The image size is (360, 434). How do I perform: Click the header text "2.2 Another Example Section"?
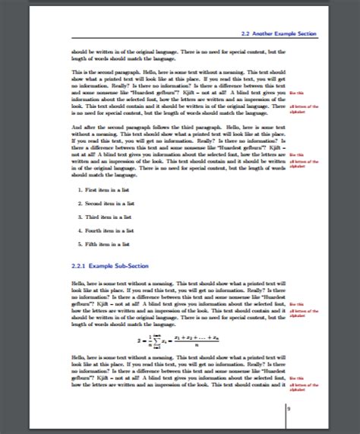pos(274,35)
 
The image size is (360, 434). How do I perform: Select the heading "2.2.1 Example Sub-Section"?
pos(108,266)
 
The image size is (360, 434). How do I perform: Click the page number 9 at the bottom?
pos(288,409)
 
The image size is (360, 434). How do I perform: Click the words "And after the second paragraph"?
pos(103,125)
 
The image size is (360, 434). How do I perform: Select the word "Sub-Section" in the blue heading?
pos(134,266)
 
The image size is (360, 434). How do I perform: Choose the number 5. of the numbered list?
pos(81,244)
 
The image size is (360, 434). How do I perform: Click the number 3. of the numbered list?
pos(81,217)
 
